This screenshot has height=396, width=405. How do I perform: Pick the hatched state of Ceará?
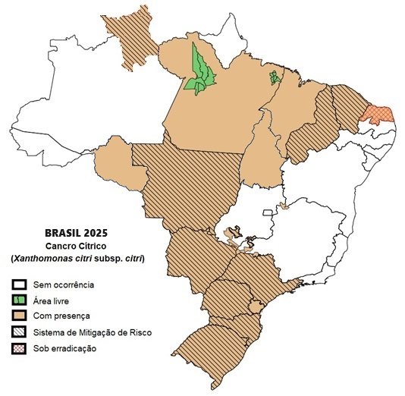coord(349,106)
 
